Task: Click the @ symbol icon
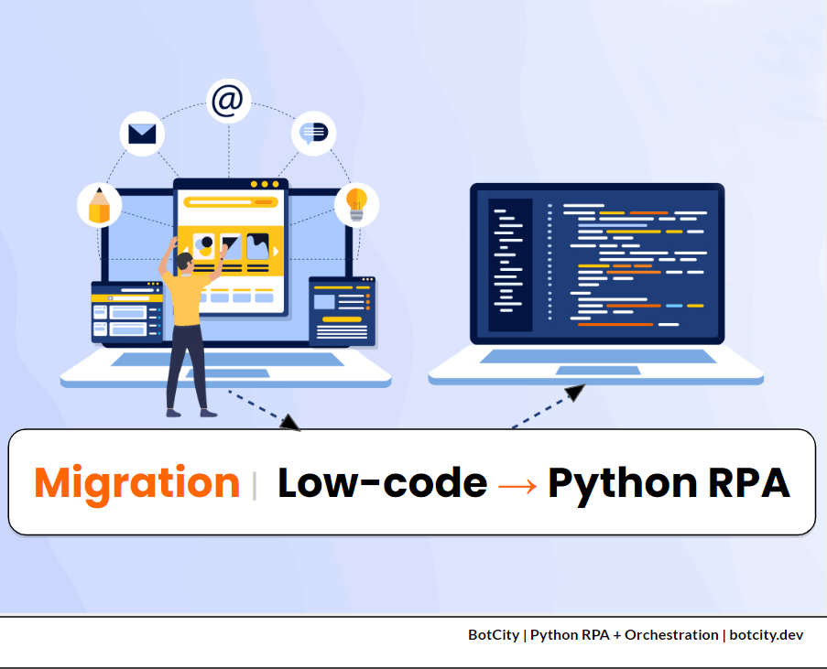[227, 101]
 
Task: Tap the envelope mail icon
[142, 135]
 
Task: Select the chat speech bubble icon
[314, 134]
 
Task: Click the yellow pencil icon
[99, 205]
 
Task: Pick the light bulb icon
[356, 204]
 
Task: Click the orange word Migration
[137, 482]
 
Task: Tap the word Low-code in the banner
[382, 482]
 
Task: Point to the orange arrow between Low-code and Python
[517, 484]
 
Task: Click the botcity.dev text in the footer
[767, 634]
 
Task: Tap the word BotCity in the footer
[494, 634]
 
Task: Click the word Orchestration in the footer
[671, 634]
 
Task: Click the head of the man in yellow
[186, 264]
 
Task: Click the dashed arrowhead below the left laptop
[290, 422]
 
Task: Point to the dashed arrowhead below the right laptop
[574, 393]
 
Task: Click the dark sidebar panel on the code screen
[510, 264]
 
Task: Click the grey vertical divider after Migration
[255, 484]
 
